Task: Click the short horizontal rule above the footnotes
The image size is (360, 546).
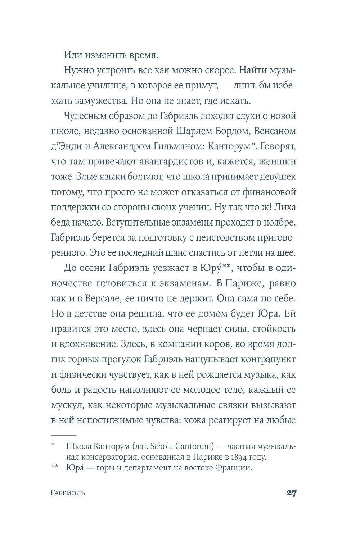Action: pos(64,435)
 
